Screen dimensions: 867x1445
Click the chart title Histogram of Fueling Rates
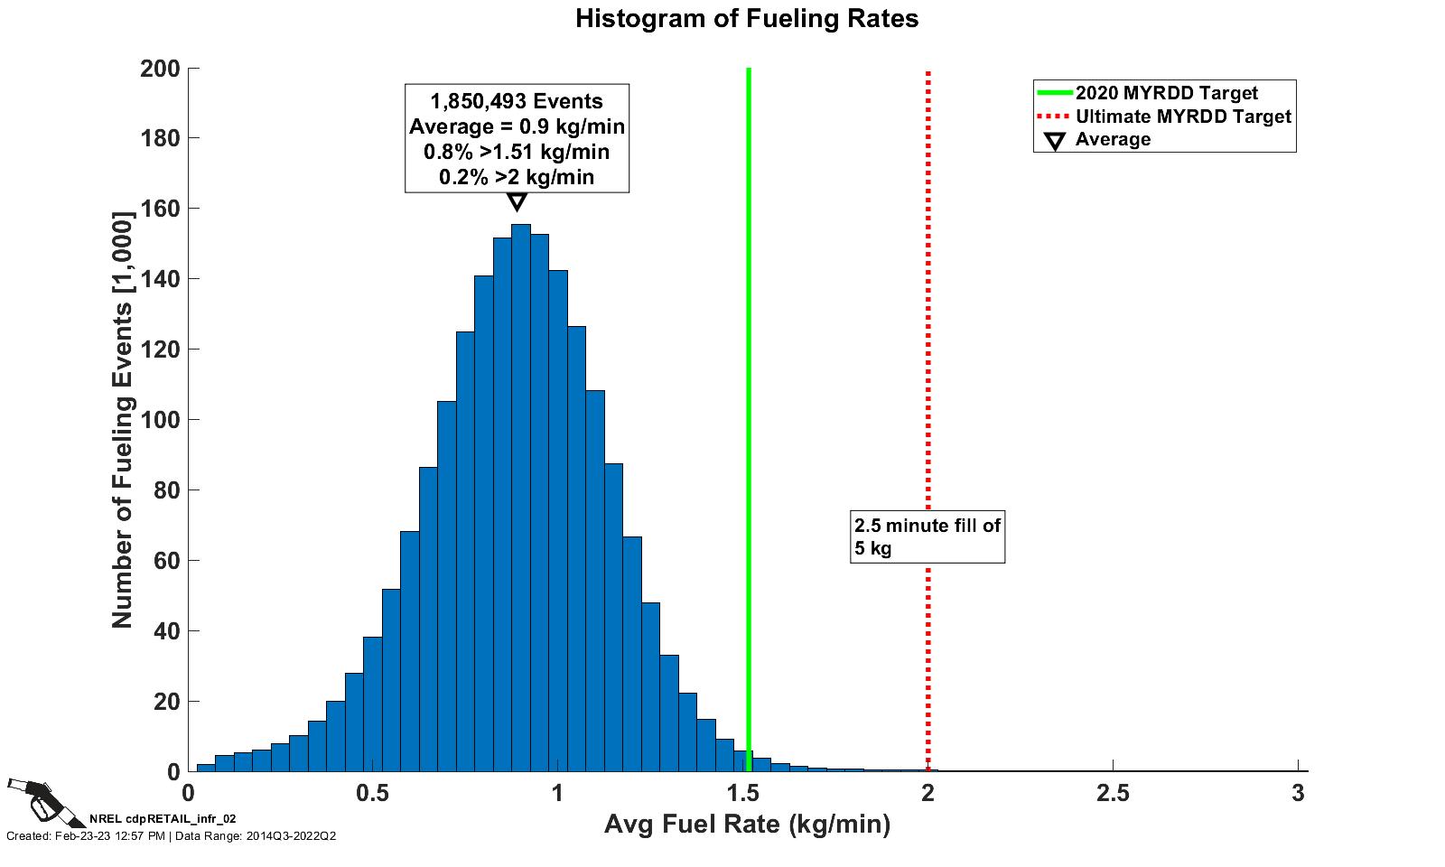pyautogui.click(x=747, y=19)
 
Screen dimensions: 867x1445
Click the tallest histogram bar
pyautogui.click(x=520, y=497)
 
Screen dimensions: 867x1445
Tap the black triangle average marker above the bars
pyautogui.click(x=517, y=201)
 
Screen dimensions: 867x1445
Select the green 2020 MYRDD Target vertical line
pyautogui.click(x=749, y=361)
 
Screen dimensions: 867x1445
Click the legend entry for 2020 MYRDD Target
pyautogui.click(x=1166, y=93)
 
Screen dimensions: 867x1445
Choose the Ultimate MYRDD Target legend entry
pyautogui.click(x=1182, y=117)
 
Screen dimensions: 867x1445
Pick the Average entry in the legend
pyautogui.click(x=1113, y=140)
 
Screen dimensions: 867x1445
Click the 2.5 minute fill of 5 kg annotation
pyautogui.click(x=928, y=536)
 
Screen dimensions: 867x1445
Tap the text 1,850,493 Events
pyautogui.click(x=517, y=101)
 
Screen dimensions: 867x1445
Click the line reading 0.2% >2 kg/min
pyautogui.click(x=517, y=177)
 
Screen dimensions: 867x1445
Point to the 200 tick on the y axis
pyautogui.click(x=160, y=69)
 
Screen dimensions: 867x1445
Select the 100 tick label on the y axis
pyautogui.click(x=160, y=420)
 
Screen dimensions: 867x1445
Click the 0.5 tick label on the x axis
pyautogui.click(x=372, y=794)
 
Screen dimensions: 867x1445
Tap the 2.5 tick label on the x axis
pyautogui.click(x=1113, y=794)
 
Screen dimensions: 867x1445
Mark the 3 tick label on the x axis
pyautogui.click(x=1298, y=794)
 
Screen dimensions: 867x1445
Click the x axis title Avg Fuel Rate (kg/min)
pyautogui.click(x=747, y=825)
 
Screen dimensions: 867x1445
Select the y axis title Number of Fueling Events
pyautogui.click(x=122, y=420)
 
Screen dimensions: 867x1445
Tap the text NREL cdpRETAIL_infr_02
pyautogui.click(x=163, y=818)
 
